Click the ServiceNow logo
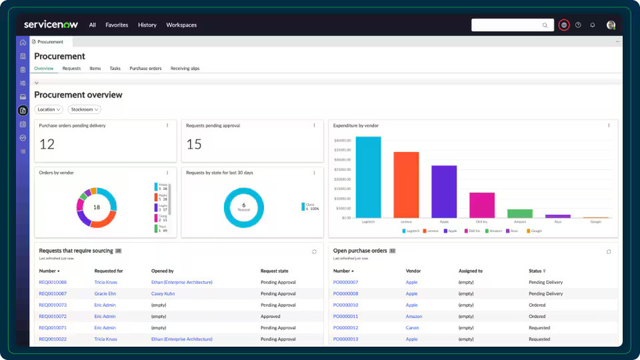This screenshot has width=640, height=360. pos(51,25)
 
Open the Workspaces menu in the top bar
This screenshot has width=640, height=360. pos(181,25)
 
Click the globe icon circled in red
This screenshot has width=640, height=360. pos(564,25)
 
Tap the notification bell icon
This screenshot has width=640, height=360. pos(592,25)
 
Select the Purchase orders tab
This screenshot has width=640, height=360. pos(145,68)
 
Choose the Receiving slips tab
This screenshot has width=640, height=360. pos(185,68)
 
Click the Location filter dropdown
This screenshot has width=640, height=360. pos(49,109)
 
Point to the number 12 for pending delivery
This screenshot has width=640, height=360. pos(47,144)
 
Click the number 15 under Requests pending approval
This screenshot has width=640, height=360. pos(194,144)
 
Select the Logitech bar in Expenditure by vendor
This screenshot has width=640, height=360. pos(368,177)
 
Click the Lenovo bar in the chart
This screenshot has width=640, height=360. pos(406,184)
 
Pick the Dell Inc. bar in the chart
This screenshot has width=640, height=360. pos(482,205)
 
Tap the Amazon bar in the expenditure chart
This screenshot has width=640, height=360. pos(520,214)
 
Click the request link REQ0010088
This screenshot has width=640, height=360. pos(53,282)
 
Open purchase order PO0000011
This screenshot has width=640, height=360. pos(346,316)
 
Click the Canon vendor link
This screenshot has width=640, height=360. pos(413,328)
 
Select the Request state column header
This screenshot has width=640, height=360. pos(274,271)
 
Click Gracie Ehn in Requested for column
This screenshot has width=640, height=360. pos(106,294)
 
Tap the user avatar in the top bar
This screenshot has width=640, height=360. pos(611,25)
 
